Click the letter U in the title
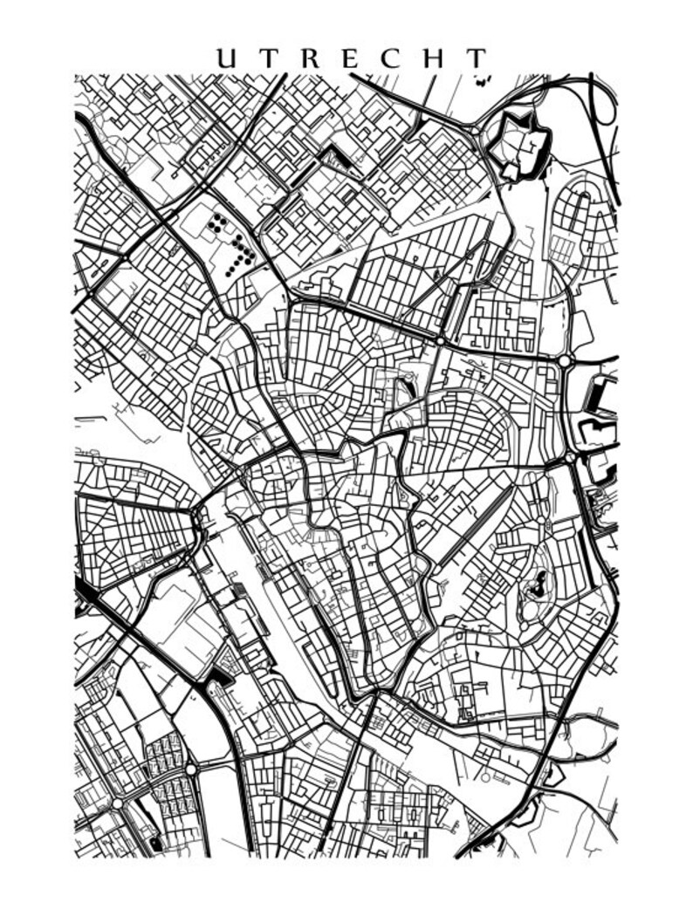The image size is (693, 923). click(227, 58)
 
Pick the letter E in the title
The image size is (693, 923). click(353, 58)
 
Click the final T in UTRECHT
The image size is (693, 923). click(476, 58)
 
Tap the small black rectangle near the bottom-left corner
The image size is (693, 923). click(156, 844)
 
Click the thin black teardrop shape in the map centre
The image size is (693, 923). click(404, 387)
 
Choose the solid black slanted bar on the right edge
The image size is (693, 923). click(600, 397)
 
